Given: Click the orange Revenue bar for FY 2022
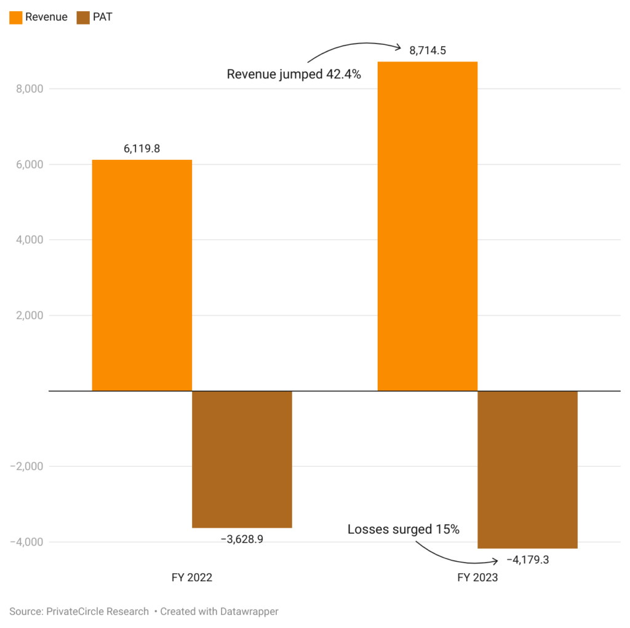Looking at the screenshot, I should click(x=142, y=275).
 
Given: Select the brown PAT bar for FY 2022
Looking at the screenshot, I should click(x=242, y=459).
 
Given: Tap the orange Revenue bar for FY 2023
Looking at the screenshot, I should click(x=427, y=226).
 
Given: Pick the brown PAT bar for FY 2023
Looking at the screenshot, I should click(x=527, y=469).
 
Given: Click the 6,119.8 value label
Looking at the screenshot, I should click(x=142, y=148).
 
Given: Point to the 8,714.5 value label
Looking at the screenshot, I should click(x=428, y=50).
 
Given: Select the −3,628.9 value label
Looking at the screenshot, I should click(x=242, y=539).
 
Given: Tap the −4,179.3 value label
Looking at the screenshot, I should click(x=527, y=560).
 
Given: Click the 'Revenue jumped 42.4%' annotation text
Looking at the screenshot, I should click(x=293, y=74).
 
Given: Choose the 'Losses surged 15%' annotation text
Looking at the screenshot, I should click(x=404, y=529).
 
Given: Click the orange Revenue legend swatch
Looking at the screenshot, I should click(x=16, y=17).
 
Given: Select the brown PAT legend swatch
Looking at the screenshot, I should click(x=83, y=17).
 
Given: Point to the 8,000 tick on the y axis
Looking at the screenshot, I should click(x=28, y=89).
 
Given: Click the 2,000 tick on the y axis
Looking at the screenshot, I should click(x=28, y=316).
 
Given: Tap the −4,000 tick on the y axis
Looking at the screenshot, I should click(x=26, y=542).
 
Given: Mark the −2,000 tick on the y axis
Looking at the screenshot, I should click(x=26, y=466).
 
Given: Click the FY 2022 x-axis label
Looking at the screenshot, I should click(x=192, y=578).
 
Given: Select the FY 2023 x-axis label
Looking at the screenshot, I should click(x=477, y=578).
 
